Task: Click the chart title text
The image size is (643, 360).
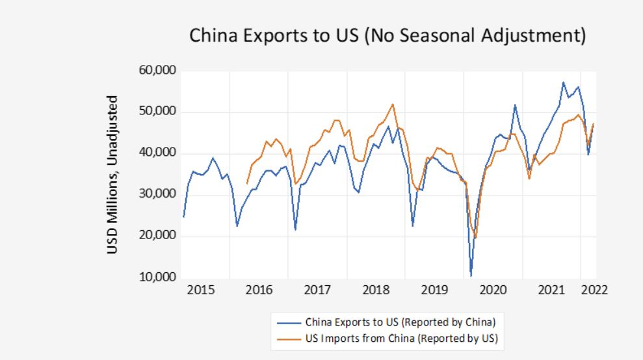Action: (x=387, y=36)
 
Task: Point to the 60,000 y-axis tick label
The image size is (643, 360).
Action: (x=158, y=71)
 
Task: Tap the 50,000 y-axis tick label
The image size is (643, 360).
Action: (x=158, y=112)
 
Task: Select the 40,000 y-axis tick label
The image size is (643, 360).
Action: (x=158, y=153)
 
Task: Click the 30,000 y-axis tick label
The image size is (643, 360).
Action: (x=158, y=194)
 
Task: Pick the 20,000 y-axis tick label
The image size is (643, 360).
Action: (x=158, y=236)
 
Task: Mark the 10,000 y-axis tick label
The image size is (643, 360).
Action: (x=158, y=277)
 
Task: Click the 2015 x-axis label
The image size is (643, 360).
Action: (x=200, y=290)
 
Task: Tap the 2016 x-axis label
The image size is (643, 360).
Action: (x=259, y=290)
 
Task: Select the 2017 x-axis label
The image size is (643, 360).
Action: (x=318, y=290)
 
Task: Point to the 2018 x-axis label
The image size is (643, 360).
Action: (x=376, y=290)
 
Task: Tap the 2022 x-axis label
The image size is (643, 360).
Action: (x=594, y=290)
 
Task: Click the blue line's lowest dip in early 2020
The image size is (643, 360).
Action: (x=471, y=275)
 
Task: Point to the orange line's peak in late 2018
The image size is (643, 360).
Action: (x=393, y=104)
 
